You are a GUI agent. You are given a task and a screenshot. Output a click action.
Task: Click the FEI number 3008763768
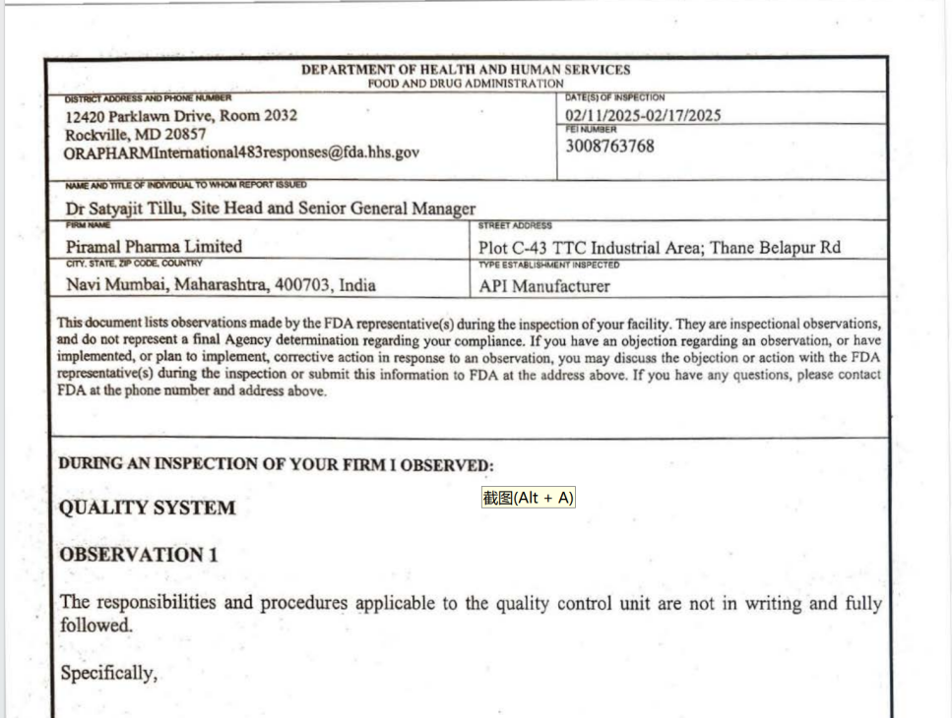pyautogui.click(x=609, y=147)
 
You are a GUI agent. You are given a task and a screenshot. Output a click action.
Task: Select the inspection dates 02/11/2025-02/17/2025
pyautogui.click(x=643, y=115)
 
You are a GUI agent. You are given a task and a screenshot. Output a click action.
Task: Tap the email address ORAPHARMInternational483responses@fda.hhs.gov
pyautogui.click(x=242, y=152)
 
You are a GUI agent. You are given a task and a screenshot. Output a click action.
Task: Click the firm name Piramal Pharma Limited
pyautogui.click(x=154, y=247)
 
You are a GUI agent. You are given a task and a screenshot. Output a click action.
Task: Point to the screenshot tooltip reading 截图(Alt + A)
pyautogui.click(x=528, y=498)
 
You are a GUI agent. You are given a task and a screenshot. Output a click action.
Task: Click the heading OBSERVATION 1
pyautogui.click(x=139, y=555)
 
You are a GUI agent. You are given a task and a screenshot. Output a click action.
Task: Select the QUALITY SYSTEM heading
pyautogui.click(x=148, y=509)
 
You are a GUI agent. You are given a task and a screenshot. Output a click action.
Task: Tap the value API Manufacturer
pyautogui.click(x=544, y=287)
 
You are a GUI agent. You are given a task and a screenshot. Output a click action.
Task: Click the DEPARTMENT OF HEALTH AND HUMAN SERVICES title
pyautogui.click(x=466, y=70)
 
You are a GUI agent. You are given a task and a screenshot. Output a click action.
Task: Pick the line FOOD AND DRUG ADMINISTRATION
pyautogui.click(x=466, y=84)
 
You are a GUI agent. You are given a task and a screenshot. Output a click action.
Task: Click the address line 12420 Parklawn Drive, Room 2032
pyautogui.click(x=181, y=115)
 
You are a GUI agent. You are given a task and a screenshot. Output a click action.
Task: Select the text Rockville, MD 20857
pyautogui.click(x=136, y=134)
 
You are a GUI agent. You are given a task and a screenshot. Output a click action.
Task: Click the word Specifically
pyautogui.click(x=108, y=674)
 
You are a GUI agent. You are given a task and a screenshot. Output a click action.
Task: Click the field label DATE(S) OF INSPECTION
pyautogui.click(x=615, y=97)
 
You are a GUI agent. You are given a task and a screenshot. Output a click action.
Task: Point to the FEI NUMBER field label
pyautogui.click(x=592, y=129)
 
